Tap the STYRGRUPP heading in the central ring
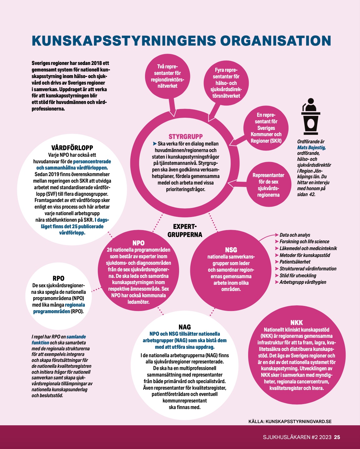click(186, 136)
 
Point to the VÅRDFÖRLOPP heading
click(72, 148)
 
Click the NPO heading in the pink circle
click(138, 243)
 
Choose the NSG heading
click(231, 249)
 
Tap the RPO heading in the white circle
click(58, 278)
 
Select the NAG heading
click(185, 327)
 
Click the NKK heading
click(297, 323)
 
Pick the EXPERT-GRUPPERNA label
click(185, 230)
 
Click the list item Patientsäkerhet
click(295, 262)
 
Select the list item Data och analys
click(295, 235)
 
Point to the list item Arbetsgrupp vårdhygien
click(302, 282)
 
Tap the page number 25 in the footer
click(337, 437)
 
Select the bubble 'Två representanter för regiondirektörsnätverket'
click(167, 76)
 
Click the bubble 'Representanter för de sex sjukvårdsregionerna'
click(268, 185)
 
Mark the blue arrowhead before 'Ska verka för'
click(155, 144)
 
